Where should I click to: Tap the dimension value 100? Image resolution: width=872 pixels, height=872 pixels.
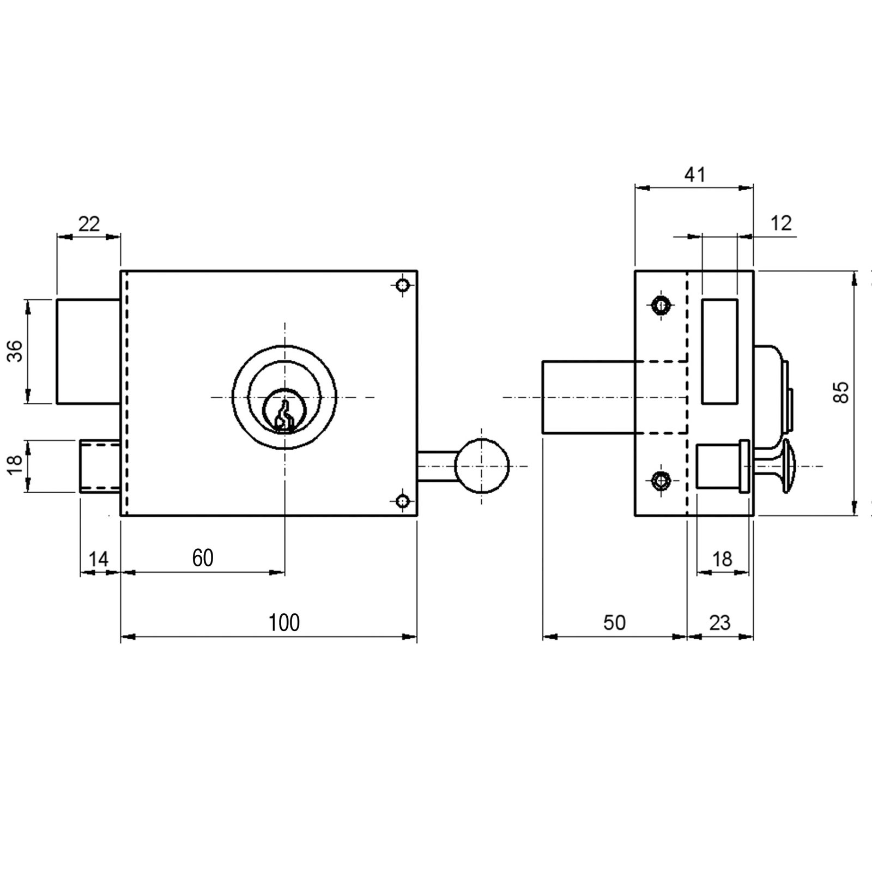click(x=284, y=622)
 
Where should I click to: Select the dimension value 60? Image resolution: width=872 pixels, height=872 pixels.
click(x=203, y=558)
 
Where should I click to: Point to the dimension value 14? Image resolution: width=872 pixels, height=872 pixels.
click(x=99, y=559)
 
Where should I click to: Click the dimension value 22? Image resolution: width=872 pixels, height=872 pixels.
click(x=89, y=223)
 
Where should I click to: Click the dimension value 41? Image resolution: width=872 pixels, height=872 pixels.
click(x=694, y=174)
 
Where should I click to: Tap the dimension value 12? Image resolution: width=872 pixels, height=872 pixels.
click(x=782, y=223)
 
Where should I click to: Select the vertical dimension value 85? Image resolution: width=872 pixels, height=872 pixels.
click(x=841, y=392)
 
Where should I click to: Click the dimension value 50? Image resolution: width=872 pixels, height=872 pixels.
click(x=615, y=622)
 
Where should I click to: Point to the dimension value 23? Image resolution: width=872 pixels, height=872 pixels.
click(x=719, y=622)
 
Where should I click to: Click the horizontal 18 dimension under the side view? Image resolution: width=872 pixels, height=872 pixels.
click(x=722, y=559)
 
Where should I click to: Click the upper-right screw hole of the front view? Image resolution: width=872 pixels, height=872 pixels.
click(x=402, y=285)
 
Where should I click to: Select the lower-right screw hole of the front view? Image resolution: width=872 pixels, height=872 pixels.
click(x=402, y=500)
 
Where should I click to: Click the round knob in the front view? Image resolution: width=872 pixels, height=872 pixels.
click(x=482, y=466)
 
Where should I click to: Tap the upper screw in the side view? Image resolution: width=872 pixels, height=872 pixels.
click(x=661, y=305)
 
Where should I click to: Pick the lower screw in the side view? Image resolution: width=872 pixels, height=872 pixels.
click(x=661, y=480)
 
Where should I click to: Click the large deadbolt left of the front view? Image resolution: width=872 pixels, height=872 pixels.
click(x=88, y=351)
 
